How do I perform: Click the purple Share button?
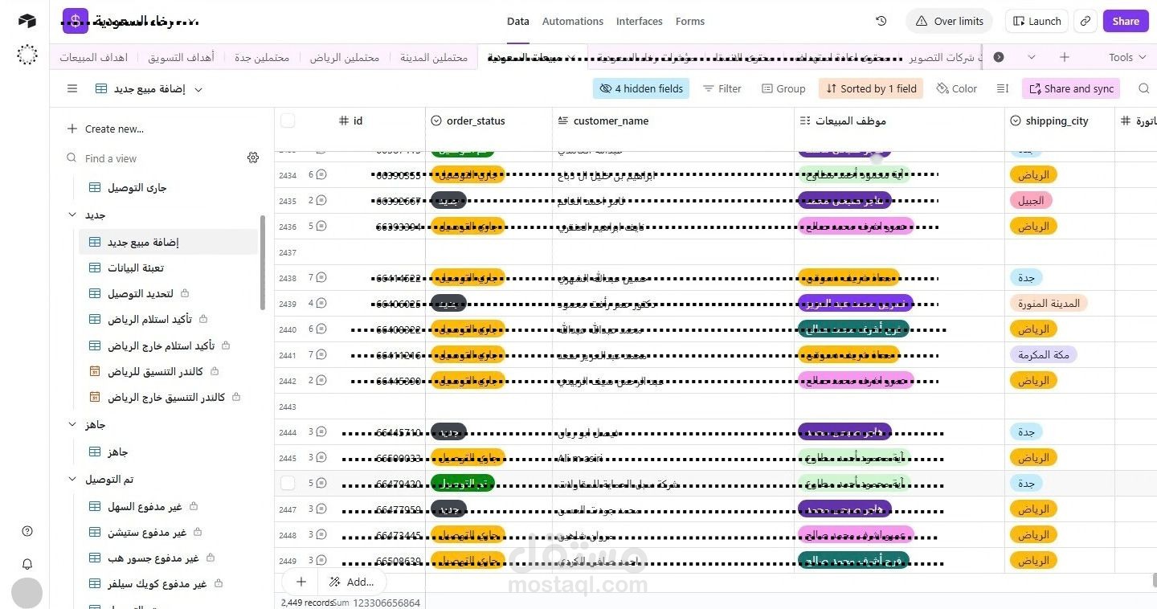[x=1125, y=22]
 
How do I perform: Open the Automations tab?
[x=572, y=22]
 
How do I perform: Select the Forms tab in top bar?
[x=689, y=22]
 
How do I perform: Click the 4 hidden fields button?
[x=641, y=89]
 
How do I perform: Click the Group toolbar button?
[x=783, y=89]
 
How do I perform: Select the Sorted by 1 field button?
[x=870, y=89]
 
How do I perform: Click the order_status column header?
[x=476, y=121]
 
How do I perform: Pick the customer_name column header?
[x=611, y=121]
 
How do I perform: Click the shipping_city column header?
[x=1056, y=121]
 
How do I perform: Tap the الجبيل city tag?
[x=1031, y=201]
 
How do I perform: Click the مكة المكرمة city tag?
[x=1043, y=355]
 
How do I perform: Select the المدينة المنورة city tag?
[x=1049, y=304]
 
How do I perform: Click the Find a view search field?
[x=161, y=159]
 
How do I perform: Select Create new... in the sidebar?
[x=114, y=129]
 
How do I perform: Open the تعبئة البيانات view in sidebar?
[x=136, y=268]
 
